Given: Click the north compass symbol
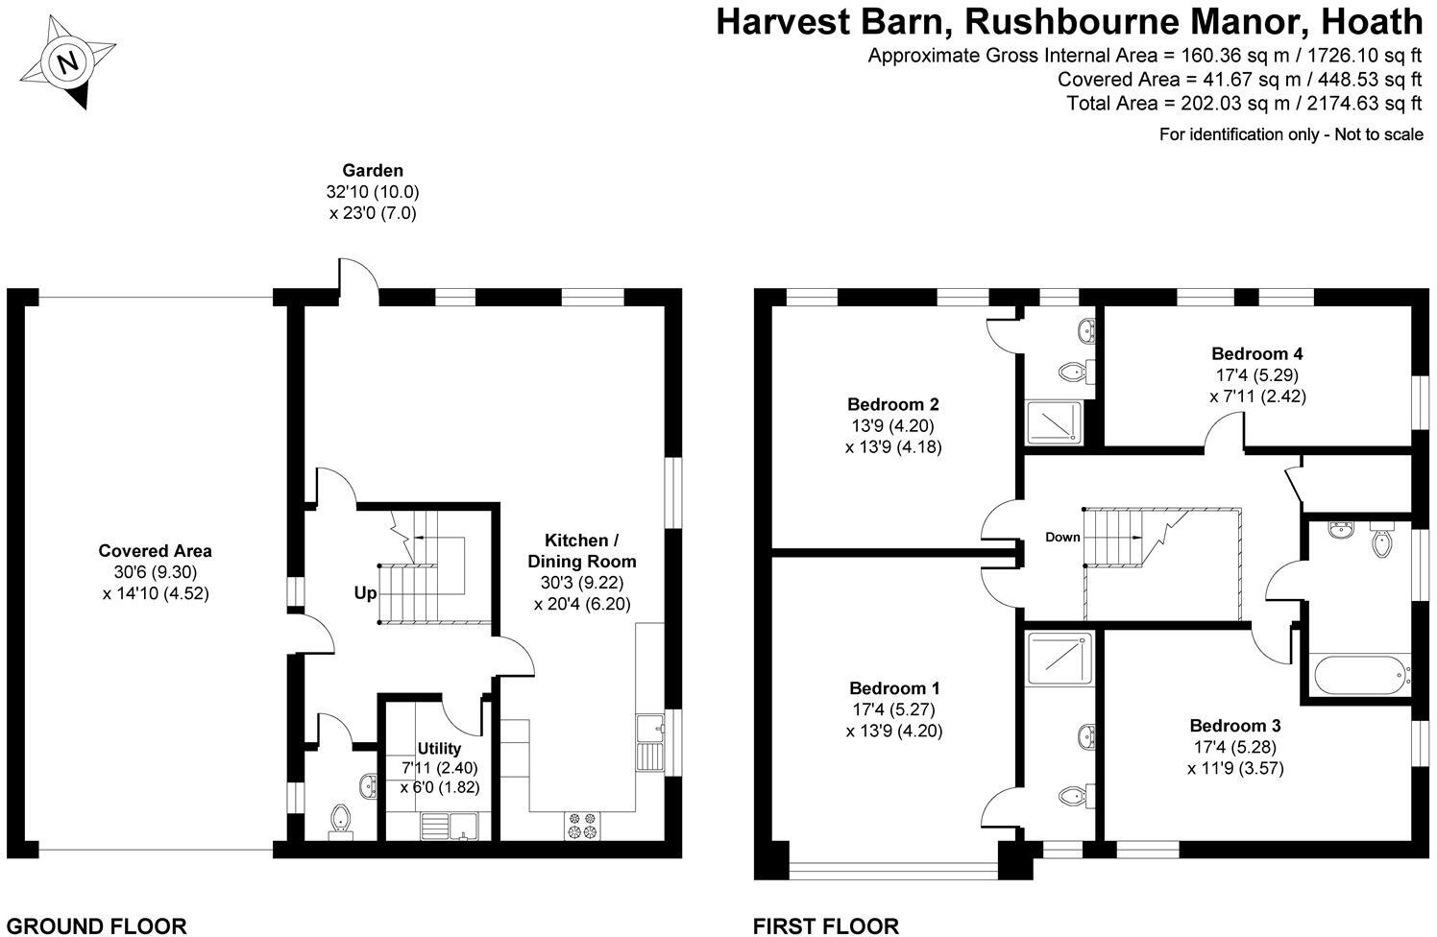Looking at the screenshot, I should [x=66, y=64].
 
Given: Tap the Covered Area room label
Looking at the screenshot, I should [x=155, y=551].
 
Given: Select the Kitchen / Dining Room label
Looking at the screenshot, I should [x=590, y=550].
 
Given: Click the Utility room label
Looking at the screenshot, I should [x=439, y=749].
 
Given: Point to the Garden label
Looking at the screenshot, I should [x=373, y=171].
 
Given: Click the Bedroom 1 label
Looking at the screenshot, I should [x=894, y=688].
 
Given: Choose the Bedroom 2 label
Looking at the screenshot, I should [x=892, y=404].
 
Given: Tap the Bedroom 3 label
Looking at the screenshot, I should [x=1235, y=726].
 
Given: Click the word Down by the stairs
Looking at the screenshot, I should [x=1062, y=538].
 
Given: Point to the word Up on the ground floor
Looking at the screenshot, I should [x=365, y=593].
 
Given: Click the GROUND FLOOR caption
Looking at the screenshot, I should [x=97, y=926].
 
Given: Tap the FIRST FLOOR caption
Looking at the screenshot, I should [x=826, y=926].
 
